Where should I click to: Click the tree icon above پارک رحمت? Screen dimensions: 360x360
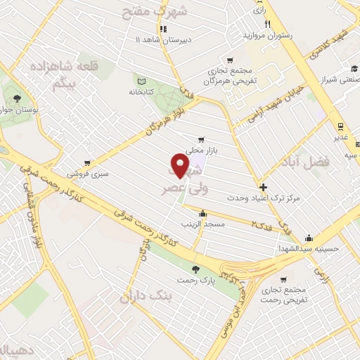196,269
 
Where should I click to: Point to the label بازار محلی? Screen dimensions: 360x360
199,150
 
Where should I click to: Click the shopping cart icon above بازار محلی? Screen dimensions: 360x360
202,139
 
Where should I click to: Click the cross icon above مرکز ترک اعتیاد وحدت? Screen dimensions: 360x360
263,187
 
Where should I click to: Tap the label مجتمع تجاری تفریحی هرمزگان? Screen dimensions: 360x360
226,76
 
